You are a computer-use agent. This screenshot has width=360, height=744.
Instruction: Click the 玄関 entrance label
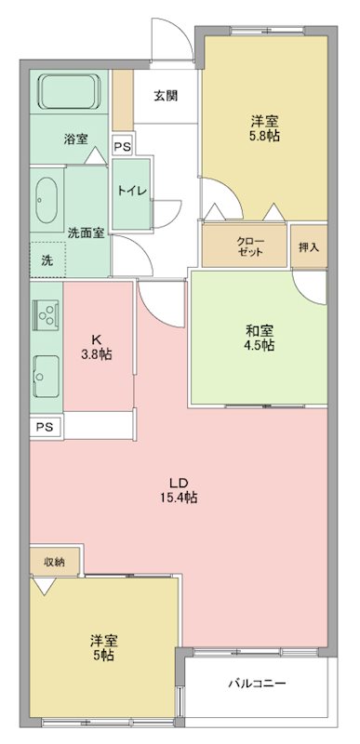click(x=167, y=95)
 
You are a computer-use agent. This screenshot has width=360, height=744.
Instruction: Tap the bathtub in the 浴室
click(x=71, y=93)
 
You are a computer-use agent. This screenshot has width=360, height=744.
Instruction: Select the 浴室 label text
click(x=76, y=139)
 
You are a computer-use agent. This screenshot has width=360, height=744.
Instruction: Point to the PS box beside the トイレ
click(x=122, y=146)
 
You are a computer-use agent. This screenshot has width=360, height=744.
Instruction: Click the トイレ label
click(x=129, y=191)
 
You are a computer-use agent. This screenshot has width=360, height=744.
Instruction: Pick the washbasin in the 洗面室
click(x=46, y=198)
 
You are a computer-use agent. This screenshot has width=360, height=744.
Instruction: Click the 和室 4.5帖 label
click(x=259, y=337)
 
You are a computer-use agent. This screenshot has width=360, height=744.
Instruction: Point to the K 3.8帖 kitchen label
click(x=97, y=346)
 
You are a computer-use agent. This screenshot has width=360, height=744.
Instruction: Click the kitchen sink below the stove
click(x=45, y=376)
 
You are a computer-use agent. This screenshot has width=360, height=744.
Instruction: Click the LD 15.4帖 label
click(x=180, y=489)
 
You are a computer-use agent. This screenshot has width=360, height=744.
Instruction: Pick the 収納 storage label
click(x=54, y=562)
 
